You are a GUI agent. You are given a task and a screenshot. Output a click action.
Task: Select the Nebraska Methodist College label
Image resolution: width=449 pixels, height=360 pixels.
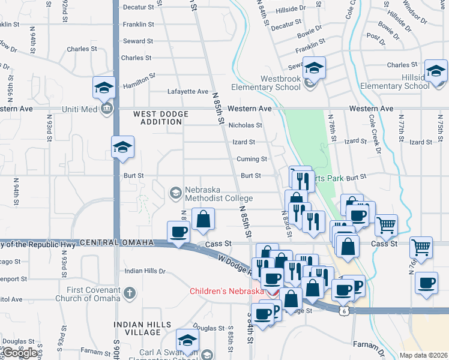(x=218, y=193)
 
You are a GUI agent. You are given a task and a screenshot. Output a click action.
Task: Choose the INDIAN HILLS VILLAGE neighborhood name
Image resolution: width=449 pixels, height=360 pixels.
(x=139, y=328)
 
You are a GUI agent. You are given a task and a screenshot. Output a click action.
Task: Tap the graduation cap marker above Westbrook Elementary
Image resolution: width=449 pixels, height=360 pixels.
(x=313, y=68)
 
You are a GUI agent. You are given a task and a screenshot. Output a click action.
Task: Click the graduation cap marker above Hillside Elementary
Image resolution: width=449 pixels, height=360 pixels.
(x=436, y=71)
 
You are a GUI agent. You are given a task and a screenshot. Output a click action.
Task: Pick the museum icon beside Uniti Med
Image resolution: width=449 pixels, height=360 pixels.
(x=107, y=109)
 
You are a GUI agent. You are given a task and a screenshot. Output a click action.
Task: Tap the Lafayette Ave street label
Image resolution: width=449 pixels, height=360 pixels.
(x=187, y=92)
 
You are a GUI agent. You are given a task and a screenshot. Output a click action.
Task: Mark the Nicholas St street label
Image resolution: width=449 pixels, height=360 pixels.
(x=245, y=125)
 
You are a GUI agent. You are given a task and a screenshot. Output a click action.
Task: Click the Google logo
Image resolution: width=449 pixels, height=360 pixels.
(x=20, y=352)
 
